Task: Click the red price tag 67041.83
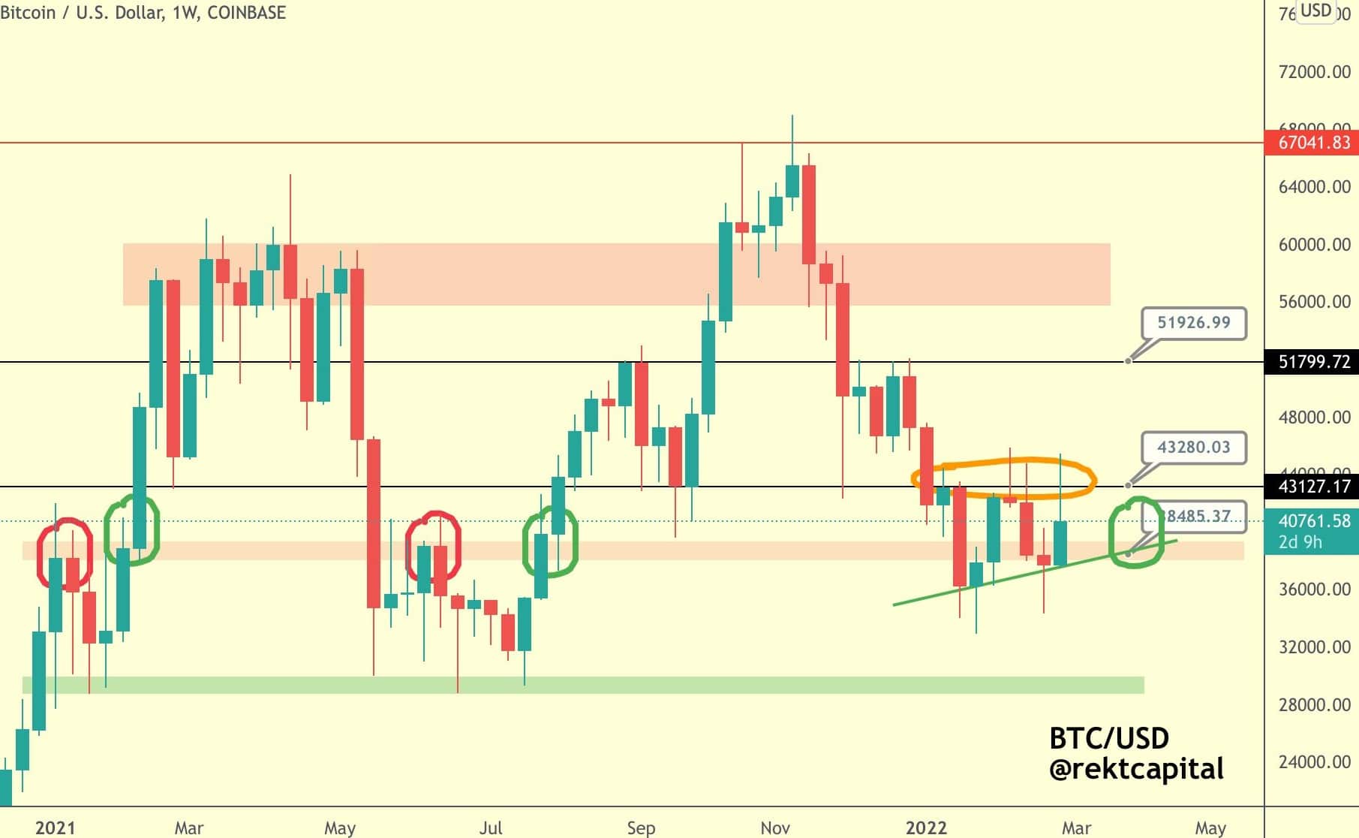[x=1312, y=142]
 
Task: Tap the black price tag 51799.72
[x=1312, y=362]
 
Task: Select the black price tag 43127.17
[x=1312, y=487]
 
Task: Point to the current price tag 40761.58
[x=1312, y=520]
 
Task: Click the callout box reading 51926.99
[x=1193, y=323]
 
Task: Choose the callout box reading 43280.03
[x=1193, y=448]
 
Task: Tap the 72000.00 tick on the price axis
[x=1314, y=72]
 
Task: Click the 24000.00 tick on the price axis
[x=1314, y=762]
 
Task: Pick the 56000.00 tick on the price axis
[x=1314, y=302]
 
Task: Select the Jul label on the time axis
[x=491, y=827]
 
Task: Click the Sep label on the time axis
[x=641, y=827]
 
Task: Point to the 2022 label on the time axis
[x=926, y=827]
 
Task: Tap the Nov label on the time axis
[x=775, y=827]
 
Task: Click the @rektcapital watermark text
[x=1136, y=769]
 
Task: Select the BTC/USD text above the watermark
[x=1108, y=738]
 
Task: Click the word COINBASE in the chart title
[x=246, y=13]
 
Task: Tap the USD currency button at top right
[x=1315, y=11]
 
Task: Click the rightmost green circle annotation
[x=1136, y=532]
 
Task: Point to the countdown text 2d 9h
[x=1300, y=542]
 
